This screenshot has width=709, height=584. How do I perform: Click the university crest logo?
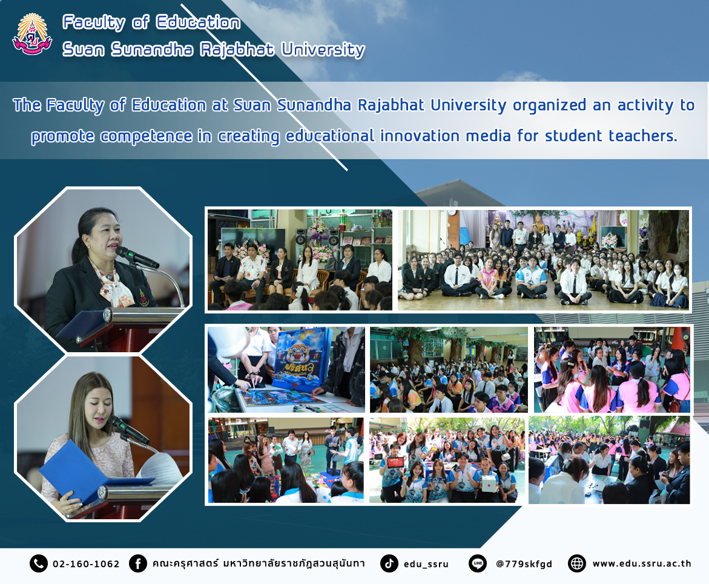[x=32, y=34]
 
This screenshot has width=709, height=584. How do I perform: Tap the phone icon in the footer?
[x=38, y=563]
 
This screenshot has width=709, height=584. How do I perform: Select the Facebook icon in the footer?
[x=138, y=563]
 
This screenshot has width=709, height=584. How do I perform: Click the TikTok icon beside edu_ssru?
[x=389, y=563]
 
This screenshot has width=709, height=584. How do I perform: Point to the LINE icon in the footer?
[x=478, y=563]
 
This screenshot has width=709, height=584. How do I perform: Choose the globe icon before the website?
[x=577, y=563]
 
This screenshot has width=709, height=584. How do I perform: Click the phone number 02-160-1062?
[x=86, y=564]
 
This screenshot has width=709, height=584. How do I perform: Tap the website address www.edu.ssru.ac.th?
[x=642, y=563]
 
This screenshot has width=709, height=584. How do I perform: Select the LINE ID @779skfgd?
[x=524, y=564]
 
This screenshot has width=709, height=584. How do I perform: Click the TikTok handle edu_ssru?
[x=426, y=564]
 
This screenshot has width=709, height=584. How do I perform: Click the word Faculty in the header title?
[x=94, y=22]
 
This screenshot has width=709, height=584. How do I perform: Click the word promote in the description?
[x=62, y=137]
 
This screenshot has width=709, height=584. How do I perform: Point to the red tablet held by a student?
[x=395, y=462]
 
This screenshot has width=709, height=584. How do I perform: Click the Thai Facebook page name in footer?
[x=258, y=563]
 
